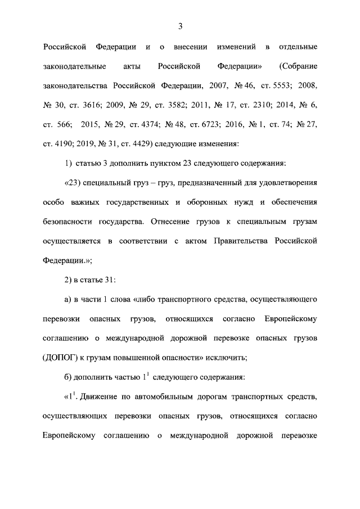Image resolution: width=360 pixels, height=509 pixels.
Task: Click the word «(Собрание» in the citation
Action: coord(298,66)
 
